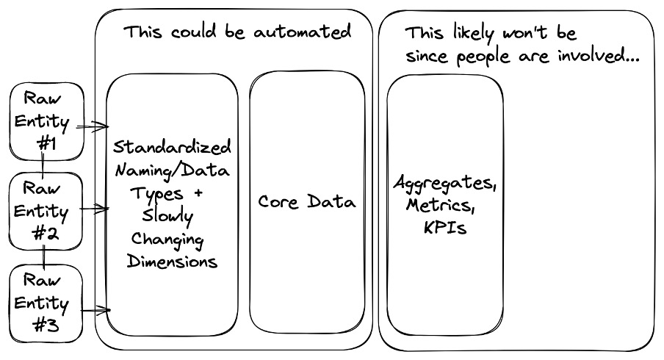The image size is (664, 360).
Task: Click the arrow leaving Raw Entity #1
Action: (x=92, y=127)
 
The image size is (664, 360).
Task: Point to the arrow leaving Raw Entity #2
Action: (x=94, y=209)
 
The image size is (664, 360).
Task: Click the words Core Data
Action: (x=306, y=201)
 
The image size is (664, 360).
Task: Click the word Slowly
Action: (x=168, y=217)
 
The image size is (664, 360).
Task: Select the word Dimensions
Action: (x=172, y=262)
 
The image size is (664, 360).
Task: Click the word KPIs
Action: (x=444, y=228)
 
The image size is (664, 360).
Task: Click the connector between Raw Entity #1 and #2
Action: (x=45, y=165)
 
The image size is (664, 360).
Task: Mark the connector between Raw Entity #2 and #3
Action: (x=45, y=256)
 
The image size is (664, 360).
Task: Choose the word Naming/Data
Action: (x=172, y=170)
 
